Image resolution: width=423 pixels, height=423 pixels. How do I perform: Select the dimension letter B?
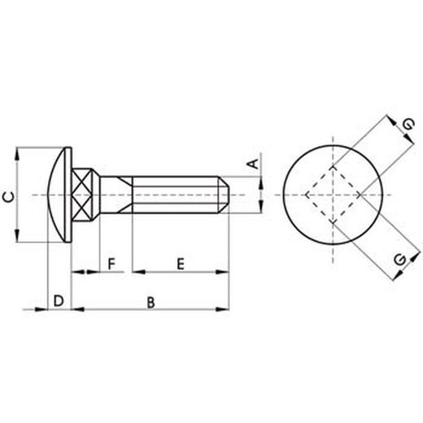point(150,303)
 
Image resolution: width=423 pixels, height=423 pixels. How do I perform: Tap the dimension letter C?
point(8,195)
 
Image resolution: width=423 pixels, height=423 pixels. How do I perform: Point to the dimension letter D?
point(59,302)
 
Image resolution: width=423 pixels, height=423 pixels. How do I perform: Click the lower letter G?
point(399,259)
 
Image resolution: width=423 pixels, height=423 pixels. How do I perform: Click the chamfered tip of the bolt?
point(229,195)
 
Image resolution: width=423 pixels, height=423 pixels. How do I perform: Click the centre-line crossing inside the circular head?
point(334,195)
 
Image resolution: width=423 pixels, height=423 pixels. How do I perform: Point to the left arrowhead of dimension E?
point(136,269)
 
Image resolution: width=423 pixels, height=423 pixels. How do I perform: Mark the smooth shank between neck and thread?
point(114,195)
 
